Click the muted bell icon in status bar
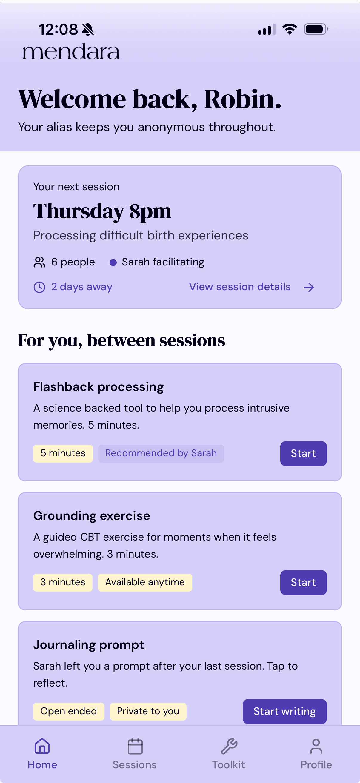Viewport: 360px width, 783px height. click(88, 30)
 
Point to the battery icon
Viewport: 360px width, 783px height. click(316, 29)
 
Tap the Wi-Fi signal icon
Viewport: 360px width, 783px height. click(290, 29)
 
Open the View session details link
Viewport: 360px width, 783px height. click(240, 287)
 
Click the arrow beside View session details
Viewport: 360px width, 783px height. click(309, 287)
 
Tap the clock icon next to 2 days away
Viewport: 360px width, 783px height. click(39, 287)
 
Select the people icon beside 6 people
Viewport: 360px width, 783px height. click(39, 262)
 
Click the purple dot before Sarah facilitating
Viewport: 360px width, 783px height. click(113, 262)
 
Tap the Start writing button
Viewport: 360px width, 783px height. click(285, 711)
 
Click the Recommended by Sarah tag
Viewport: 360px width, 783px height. click(161, 453)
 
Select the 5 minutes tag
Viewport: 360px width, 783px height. click(63, 453)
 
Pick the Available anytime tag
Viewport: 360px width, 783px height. click(145, 582)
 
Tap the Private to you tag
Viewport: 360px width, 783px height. click(148, 711)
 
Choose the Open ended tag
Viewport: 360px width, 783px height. click(69, 711)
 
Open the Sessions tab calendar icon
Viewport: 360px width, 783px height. click(135, 746)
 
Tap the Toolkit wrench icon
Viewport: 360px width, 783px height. click(229, 746)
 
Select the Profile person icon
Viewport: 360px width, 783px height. click(316, 746)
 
